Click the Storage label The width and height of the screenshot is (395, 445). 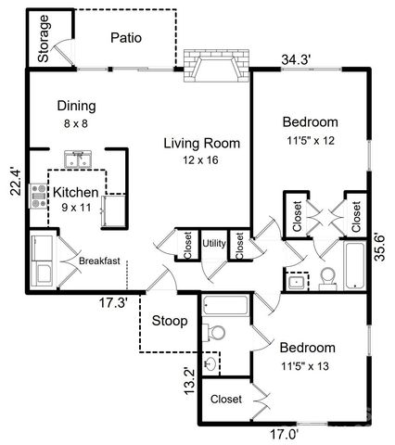coord(44,38)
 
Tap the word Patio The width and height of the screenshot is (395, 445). coord(126,38)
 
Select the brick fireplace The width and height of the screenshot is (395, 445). coord(216,69)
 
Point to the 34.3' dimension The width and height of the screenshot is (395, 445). coord(296,60)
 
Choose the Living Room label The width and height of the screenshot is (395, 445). coord(201,143)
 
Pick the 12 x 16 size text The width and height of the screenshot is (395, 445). coord(201,159)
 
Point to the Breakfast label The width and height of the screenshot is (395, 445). coord(99,261)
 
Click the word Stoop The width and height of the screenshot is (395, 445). coord(170,322)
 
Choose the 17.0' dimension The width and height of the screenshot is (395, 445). coord(286,432)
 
